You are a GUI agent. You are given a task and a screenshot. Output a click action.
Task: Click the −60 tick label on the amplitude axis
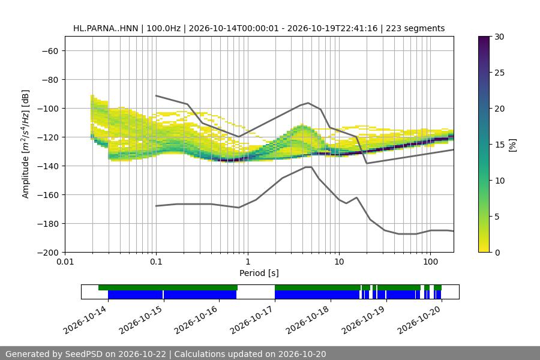50,51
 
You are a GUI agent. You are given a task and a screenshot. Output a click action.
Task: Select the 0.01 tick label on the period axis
65,262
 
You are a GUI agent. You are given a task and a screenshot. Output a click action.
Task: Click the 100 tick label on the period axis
430,262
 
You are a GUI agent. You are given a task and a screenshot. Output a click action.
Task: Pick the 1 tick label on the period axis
248,262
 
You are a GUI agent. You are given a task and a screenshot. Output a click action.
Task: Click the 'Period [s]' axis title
259,273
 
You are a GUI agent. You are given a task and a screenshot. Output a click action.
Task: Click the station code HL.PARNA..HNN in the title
106,28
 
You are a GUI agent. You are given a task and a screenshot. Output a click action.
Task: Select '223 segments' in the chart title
415,28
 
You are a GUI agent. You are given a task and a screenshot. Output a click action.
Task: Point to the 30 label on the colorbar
499,37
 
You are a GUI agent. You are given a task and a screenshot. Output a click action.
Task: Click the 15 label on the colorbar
499,145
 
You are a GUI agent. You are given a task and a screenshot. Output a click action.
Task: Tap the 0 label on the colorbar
497,253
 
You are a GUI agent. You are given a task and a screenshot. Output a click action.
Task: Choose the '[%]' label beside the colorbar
513,145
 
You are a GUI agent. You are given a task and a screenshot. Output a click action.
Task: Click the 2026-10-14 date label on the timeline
86,320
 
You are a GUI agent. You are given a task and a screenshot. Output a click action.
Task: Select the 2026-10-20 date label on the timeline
420,320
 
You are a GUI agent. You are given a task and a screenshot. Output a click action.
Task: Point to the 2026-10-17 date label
253,320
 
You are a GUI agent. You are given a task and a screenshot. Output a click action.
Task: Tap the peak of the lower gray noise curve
308,167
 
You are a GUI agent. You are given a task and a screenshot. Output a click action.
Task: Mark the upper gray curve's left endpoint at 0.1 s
156,95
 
